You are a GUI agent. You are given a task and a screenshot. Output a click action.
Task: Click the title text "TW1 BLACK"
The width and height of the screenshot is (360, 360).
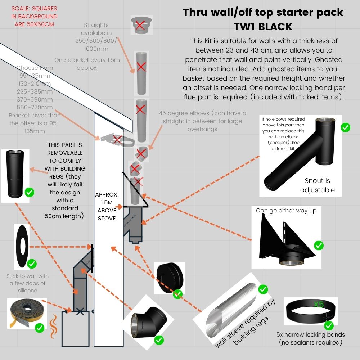coord(263,27)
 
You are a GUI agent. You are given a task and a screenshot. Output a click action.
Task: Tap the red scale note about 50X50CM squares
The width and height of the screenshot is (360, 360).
coord(34,16)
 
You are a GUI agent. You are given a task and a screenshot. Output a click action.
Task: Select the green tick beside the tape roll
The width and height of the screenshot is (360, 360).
coord(39,328)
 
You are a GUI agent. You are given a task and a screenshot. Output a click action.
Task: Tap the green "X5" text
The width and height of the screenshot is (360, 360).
coord(319,305)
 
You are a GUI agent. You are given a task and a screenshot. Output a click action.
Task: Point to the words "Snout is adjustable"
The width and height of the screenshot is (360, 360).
coord(317,185)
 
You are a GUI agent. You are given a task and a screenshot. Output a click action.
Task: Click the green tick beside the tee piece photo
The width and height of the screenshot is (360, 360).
coord(345,127)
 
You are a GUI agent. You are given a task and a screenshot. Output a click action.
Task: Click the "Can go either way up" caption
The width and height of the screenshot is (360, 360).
coord(286,210)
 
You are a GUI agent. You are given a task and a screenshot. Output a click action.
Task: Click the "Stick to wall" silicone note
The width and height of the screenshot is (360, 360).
coord(27,283)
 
